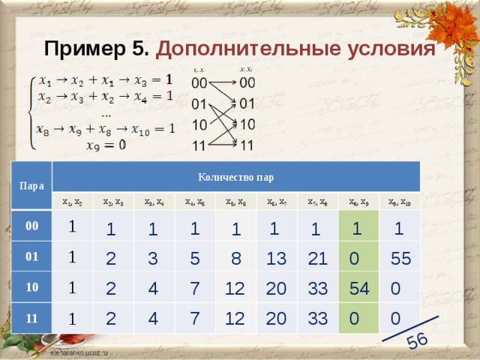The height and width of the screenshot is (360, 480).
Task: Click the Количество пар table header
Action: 235,178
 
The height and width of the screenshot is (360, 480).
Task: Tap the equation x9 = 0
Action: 106,146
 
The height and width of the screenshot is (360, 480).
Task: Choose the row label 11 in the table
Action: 31,318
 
